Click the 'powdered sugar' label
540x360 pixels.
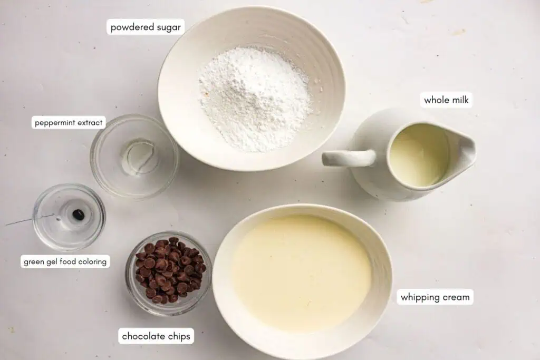(146, 27)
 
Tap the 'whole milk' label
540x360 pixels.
(446, 100)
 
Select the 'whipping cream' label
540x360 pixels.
(435, 297)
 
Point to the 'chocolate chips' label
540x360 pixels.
(156, 336)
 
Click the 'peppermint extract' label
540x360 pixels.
(69, 123)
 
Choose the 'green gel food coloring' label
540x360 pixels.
(65, 261)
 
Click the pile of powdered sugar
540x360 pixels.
(255, 98)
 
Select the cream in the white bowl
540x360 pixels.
(302, 271)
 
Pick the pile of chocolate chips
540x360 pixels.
(169, 271)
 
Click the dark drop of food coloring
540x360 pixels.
(78, 215)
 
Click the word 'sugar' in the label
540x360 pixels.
(168, 27)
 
